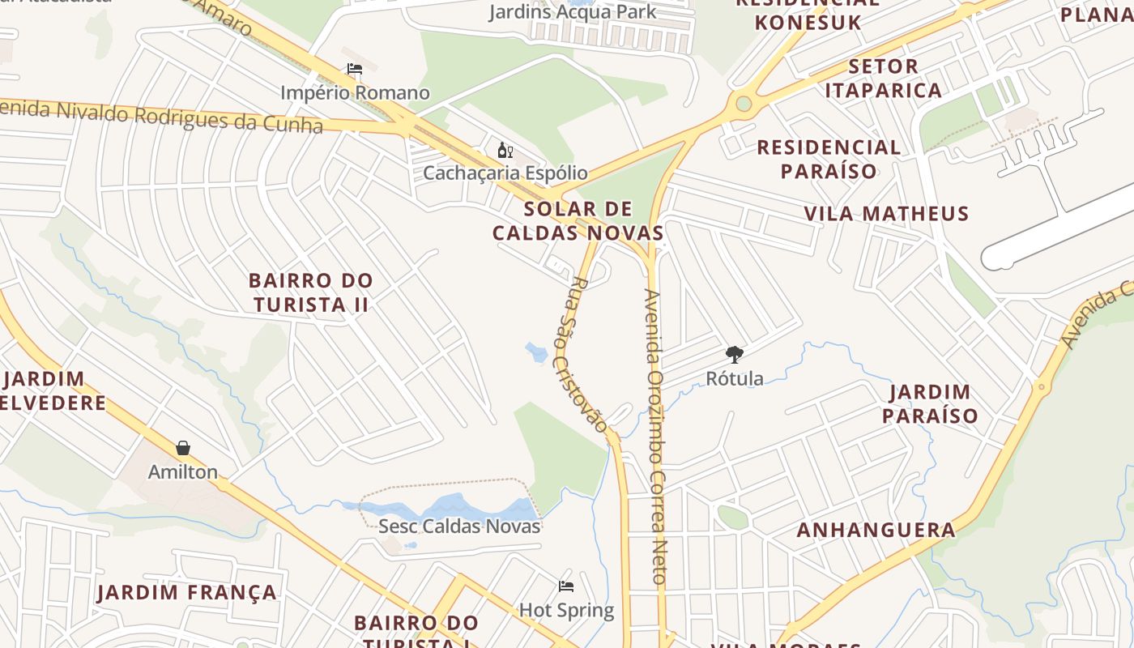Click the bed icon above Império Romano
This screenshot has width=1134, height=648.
tap(354, 69)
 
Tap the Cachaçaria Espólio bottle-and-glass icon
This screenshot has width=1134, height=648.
tap(505, 150)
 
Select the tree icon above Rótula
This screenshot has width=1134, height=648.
tap(735, 354)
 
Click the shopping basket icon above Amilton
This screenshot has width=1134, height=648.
tap(184, 448)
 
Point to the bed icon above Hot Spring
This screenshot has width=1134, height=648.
tap(566, 586)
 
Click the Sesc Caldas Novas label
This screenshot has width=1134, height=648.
tap(459, 526)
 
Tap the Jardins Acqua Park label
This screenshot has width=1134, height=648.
tap(573, 11)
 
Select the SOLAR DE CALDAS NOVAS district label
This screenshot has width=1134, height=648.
tap(578, 221)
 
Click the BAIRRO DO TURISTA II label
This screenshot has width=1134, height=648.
tap(311, 292)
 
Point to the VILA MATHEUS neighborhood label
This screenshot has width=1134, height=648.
tap(886, 214)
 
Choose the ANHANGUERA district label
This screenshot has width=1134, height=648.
tap(876, 531)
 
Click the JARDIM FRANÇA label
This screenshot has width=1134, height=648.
tap(187, 593)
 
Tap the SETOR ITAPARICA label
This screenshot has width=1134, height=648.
tap(883, 78)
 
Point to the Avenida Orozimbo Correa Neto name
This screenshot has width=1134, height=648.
tap(656, 437)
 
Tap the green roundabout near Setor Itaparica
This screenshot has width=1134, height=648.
tap(744, 104)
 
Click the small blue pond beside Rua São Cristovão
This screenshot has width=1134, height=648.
tap(536, 352)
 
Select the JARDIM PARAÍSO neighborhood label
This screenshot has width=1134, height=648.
tap(930, 403)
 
